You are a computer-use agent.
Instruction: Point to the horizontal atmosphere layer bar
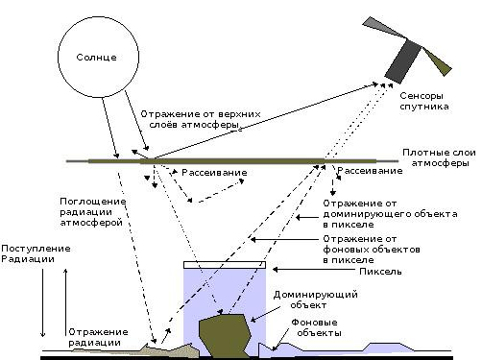(240, 159)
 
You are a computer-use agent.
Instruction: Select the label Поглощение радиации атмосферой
(91, 213)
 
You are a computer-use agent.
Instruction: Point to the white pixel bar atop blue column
(223, 264)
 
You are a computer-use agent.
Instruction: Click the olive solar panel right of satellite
(439, 61)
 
